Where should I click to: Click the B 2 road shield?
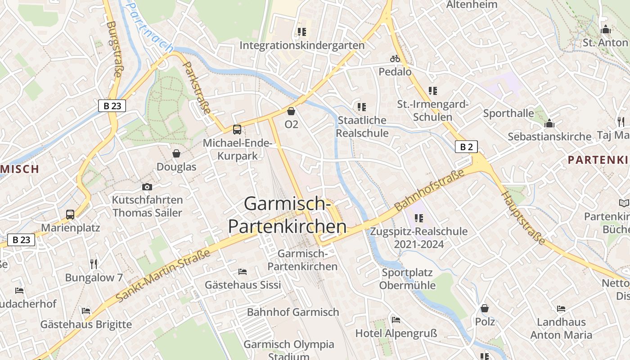tap(466, 147)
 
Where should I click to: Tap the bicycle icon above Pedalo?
tap(395, 58)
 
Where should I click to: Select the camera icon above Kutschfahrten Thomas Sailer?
tap(147, 187)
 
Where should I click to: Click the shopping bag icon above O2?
tap(291, 111)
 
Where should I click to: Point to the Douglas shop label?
tap(176, 167)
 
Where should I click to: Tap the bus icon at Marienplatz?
tap(70, 214)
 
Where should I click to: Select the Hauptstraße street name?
tap(523, 218)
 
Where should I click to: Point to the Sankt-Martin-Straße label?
tap(163, 276)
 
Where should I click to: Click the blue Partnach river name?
tap(148, 27)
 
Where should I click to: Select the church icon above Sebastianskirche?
tap(549, 123)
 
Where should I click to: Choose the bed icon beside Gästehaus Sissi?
tap(242, 271)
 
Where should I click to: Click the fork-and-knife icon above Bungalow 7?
tap(94, 264)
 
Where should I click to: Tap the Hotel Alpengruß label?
tap(396, 333)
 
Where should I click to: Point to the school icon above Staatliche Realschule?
tap(361, 107)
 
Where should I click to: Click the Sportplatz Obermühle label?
tap(407, 279)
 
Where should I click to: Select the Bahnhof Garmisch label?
tap(292, 312)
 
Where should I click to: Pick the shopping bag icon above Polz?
tap(485, 308)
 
